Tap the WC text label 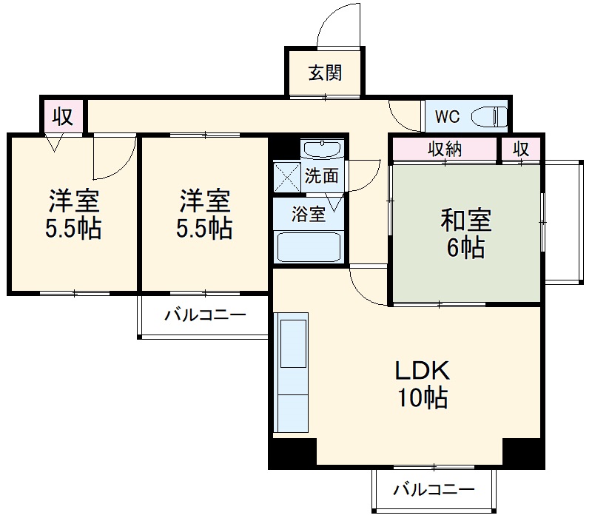pyautogui.click(x=447, y=116)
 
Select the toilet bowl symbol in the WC pyautogui.click(x=489, y=116)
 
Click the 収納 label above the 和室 pyautogui.click(x=445, y=149)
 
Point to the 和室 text pyautogui.click(x=466, y=221)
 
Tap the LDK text pyautogui.click(x=421, y=370)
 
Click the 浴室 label pyautogui.click(x=308, y=215)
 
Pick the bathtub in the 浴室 pyautogui.click(x=309, y=246)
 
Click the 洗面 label pyautogui.click(x=323, y=176)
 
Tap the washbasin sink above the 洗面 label pyautogui.click(x=323, y=149)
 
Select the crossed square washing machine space pyautogui.click(x=286, y=176)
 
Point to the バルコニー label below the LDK pyautogui.click(x=433, y=489)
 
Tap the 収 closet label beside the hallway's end pyautogui.click(x=63, y=116)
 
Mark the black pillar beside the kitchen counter pyautogui.click(x=292, y=452)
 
